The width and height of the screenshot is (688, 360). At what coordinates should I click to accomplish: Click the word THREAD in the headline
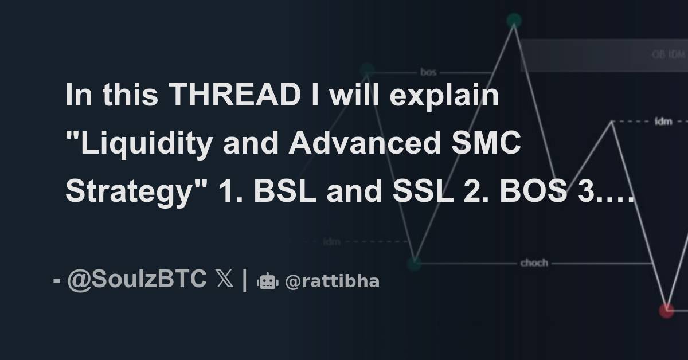click(x=234, y=96)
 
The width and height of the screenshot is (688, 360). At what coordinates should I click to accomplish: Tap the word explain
click(x=444, y=96)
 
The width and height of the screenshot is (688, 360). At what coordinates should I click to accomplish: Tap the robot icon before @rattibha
click(x=267, y=281)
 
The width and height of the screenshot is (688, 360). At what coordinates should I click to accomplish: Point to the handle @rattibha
click(x=332, y=281)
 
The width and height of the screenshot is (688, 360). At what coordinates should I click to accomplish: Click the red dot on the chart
click(x=666, y=310)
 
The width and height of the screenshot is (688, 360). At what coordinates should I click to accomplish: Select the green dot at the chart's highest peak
click(x=514, y=21)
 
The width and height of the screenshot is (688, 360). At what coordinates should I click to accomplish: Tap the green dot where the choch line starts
click(x=414, y=263)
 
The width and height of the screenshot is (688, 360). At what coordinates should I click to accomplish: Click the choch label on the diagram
click(x=534, y=263)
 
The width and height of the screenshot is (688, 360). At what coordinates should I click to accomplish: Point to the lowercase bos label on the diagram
click(x=428, y=72)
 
